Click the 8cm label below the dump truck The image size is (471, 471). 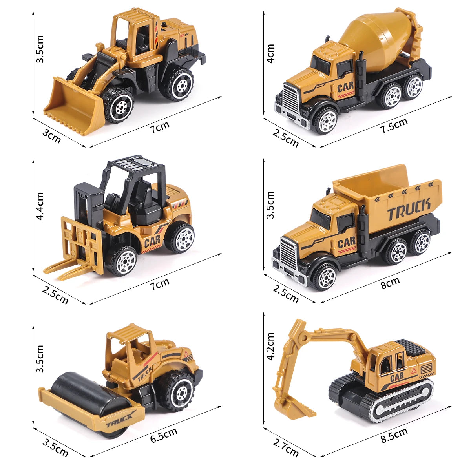(390, 283)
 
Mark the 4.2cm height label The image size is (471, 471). (270, 346)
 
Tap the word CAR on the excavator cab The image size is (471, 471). (397, 378)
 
